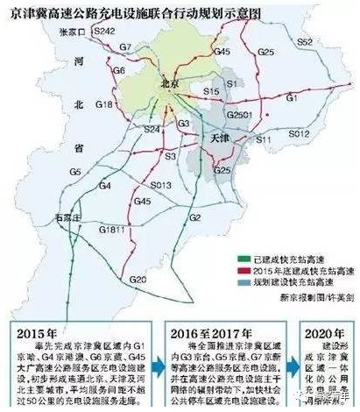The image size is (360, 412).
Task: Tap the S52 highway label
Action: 304,41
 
